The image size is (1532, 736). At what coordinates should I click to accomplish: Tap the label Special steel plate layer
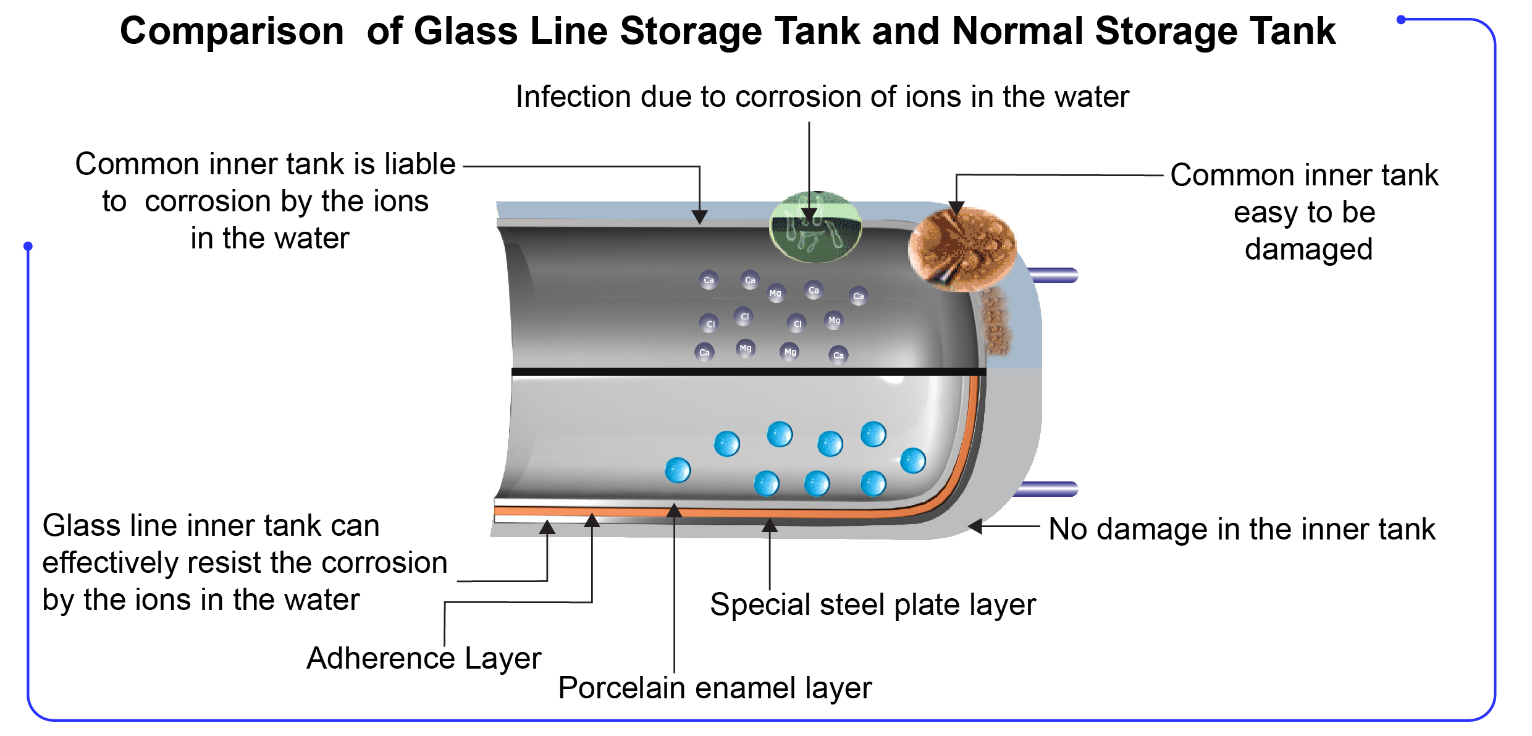coord(873,604)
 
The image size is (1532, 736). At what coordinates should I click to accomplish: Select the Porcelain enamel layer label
coord(715,688)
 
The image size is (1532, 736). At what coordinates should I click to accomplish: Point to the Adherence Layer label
coord(424,658)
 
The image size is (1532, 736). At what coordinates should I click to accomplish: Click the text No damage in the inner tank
coord(1242,529)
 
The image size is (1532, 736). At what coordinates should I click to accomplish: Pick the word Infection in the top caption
coord(571,97)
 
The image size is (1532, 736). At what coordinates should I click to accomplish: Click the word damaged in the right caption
coord(1308,250)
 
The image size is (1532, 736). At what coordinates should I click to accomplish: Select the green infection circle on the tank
coord(815,227)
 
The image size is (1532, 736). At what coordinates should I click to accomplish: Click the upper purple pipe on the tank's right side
coord(1054,276)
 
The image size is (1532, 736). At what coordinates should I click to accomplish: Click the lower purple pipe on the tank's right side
coord(1048,489)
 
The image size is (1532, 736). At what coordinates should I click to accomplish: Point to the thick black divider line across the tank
coord(749,372)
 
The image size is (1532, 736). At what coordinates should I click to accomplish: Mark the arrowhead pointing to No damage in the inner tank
coord(975,527)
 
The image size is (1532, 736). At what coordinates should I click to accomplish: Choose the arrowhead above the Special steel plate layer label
coord(770,525)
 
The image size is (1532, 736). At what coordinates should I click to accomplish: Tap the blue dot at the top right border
coord(1401,20)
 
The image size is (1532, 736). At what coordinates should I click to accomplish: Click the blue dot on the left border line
coord(28,246)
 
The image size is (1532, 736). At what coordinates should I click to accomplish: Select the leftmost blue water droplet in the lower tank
coord(678,470)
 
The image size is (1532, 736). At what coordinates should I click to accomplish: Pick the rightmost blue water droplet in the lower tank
coord(913,461)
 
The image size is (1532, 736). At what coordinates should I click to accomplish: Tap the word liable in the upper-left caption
coord(420,164)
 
